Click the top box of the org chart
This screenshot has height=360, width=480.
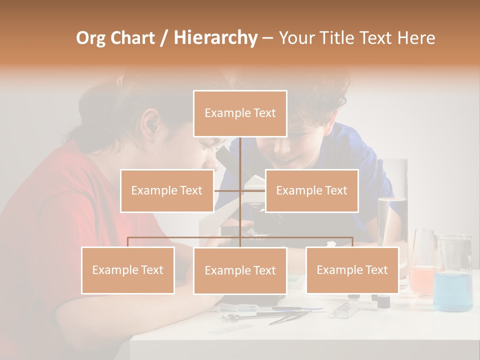coord(240,113)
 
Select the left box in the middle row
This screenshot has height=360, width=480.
coord(167,190)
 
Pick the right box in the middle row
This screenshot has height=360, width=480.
coord(311,190)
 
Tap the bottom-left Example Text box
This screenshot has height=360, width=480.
coord(128,270)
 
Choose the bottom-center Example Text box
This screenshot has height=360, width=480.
coord(240,270)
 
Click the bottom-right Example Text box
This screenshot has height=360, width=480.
coord(352,270)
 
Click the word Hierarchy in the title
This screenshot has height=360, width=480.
coord(215,38)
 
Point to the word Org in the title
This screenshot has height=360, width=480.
coord(90,38)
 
